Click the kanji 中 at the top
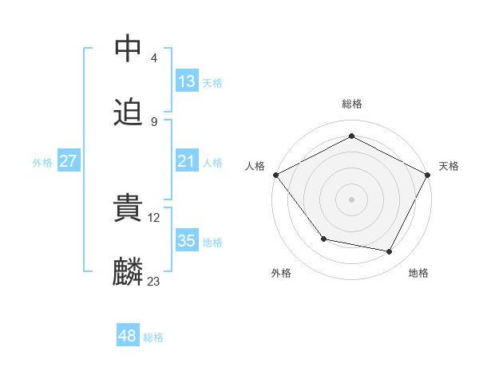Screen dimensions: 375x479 click(x=129, y=49)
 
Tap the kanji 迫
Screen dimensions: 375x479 click(x=129, y=112)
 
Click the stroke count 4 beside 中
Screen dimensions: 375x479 click(x=153, y=57)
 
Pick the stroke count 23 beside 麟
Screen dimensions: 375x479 click(x=153, y=281)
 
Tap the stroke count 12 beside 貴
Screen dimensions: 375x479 click(x=155, y=217)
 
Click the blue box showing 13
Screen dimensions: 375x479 click(x=186, y=81)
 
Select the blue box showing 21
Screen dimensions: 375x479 click(x=186, y=162)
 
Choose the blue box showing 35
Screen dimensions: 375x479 click(x=186, y=241)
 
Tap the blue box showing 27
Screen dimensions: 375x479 click(x=69, y=162)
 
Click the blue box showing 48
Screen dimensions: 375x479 click(x=127, y=337)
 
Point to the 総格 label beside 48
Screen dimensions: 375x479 click(x=153, y=337)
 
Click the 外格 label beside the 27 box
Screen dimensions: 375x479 click(x=42, y=163)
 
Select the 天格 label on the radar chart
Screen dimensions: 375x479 click(x=449, y=166)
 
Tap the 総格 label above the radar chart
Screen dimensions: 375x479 click(x=351, y=104)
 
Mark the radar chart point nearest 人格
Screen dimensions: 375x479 click(x=275, y=174)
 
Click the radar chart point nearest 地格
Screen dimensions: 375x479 click(x=390, y=251)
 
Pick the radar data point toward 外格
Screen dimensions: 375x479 click(x=323, y=239)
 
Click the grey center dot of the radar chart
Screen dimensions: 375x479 click(x=351, y=199)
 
